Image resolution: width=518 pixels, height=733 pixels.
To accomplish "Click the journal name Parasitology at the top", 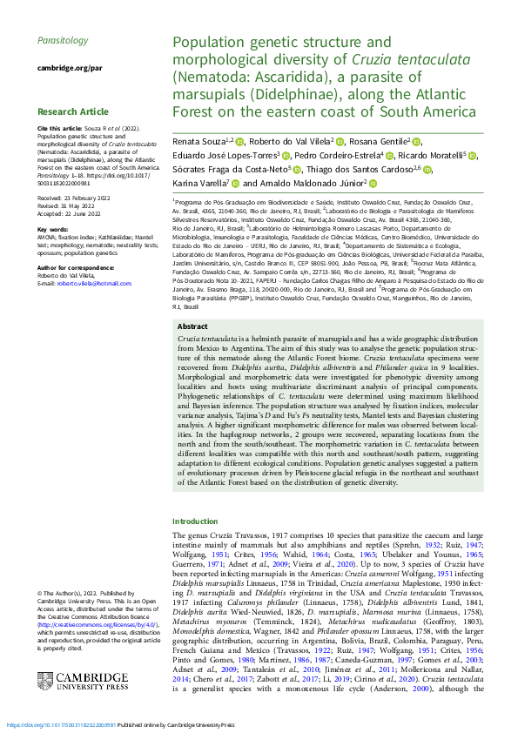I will tap(63, 40).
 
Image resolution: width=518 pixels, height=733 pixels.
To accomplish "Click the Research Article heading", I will tap(73, 111).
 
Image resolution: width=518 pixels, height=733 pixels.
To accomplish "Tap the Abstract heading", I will tap(192, 350).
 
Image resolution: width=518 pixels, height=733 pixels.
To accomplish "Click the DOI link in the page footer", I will tap(60, 724).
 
